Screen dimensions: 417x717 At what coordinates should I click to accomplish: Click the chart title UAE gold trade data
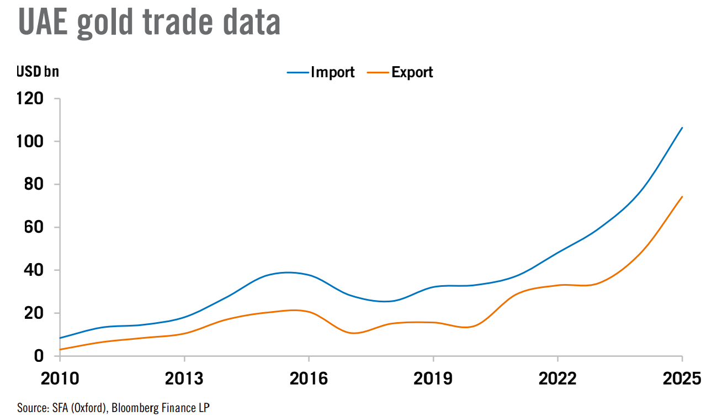tap(149, 23)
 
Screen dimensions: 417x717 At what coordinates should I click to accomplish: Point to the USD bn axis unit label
tap(38, 72)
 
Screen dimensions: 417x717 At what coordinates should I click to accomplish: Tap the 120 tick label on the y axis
tap(30, 99)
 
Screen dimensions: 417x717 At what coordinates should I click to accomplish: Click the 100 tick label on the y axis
tap(30, 142)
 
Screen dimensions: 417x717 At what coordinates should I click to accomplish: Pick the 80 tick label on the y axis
tap(34, 185)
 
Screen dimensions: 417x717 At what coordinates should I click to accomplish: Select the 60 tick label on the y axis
tap(34, 227)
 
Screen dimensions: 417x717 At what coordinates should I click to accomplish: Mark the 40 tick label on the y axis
tap(34, 270)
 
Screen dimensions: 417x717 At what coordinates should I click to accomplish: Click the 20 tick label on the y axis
tap(34, 313)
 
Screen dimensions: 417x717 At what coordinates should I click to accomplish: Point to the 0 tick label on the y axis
tap(39, 356)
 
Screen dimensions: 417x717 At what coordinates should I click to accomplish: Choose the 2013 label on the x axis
tap(184, 379)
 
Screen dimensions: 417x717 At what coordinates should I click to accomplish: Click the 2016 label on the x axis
tap(309, 379)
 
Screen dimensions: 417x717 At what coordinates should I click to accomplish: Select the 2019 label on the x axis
tap(433, 379)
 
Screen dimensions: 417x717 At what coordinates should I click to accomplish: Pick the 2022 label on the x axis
tap(558, 379)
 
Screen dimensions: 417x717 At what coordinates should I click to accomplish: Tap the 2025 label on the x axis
tap(682, 379)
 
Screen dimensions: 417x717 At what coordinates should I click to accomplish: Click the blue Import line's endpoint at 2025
tap(682, 128)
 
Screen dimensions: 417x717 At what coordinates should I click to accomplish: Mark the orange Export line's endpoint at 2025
tap(682, 197)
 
